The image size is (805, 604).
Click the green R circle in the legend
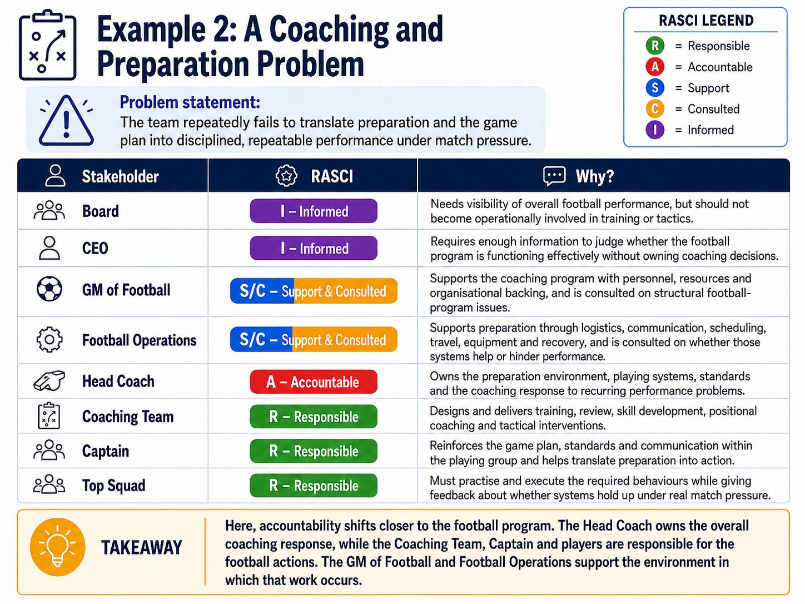pos(655,46)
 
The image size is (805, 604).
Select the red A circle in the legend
pos(655,67)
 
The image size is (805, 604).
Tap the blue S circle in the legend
pos(655,88)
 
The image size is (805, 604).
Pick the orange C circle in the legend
pos(655,109)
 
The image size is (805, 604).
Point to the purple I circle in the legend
pos(655,130)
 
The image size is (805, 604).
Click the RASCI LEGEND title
pos(706,21)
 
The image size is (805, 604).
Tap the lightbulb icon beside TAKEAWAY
pos(58,547)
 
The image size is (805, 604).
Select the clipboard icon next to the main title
pos(48,44)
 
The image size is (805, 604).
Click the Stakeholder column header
pos(120,176)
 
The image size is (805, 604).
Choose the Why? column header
pos(594,176)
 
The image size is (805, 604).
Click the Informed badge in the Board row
pos(314,211)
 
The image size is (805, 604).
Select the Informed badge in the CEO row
pos(314,248)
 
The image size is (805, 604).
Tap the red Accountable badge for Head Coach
pos(314,382)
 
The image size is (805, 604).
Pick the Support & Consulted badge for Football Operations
pos(314,340)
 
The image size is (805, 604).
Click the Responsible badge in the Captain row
pos(314,451)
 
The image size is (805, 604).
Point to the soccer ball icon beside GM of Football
pos(49,289)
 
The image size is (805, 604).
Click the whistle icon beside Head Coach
pos(49,380)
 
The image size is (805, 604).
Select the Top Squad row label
pos(114,486)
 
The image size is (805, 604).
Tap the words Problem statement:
pos(190,102)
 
